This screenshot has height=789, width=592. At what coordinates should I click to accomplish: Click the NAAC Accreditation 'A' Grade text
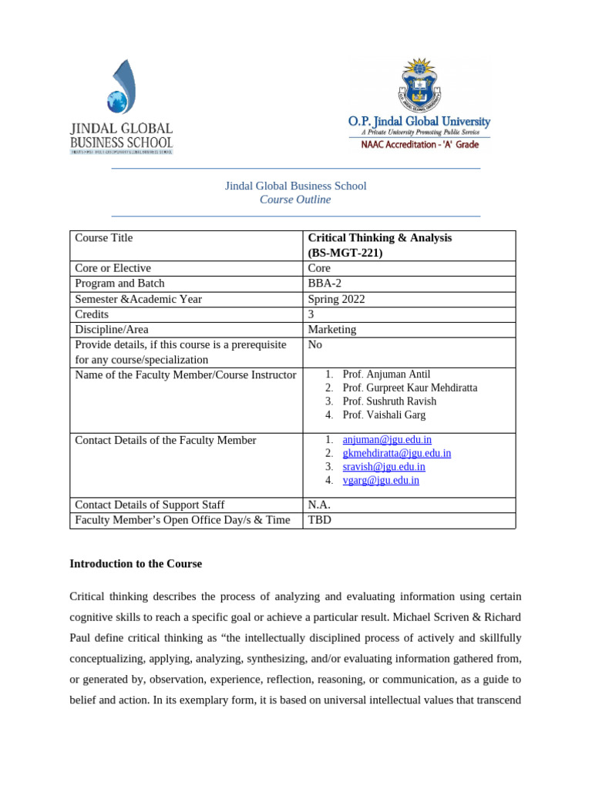click(420, 145)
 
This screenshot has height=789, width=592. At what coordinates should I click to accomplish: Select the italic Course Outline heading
click(295, 200)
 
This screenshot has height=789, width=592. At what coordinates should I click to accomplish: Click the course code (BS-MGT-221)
click(345, 253)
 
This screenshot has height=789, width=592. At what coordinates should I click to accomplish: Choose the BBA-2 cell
click(324, 284)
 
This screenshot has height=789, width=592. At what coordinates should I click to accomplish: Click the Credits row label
click(92, 314)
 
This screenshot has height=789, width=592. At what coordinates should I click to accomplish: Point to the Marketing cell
click(332, 330)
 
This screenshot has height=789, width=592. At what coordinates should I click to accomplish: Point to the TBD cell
click(320, 520)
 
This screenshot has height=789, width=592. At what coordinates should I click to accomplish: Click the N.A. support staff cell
click(321, 505)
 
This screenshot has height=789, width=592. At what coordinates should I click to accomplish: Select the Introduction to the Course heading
click(136, 564)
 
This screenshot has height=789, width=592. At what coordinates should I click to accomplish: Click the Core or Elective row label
click(113, 268)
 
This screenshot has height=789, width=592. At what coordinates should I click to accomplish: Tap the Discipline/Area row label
click(111, 330)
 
